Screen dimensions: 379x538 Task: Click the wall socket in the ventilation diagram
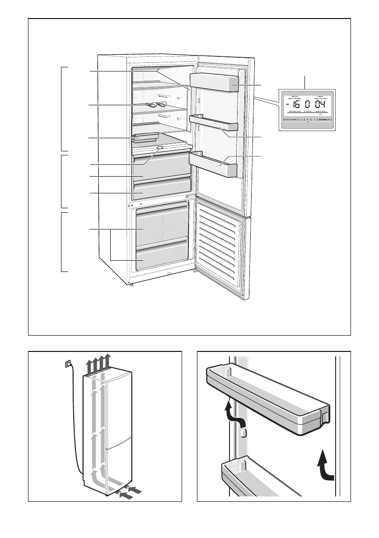tap(68, 363)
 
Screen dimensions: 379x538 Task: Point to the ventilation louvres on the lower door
tap(219, 244)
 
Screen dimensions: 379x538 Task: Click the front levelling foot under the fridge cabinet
tap(131, 285)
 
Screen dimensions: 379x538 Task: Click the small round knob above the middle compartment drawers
tap(160, 147)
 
